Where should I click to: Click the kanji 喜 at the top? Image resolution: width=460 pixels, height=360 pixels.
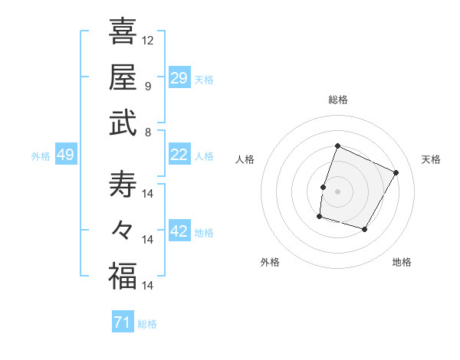tap(122, 31)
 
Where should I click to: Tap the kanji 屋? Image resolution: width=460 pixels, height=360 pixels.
tap(122, 77)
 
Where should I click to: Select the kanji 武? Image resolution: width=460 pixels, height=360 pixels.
tap(122, 123)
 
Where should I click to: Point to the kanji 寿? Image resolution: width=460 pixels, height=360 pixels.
tap(122, 185)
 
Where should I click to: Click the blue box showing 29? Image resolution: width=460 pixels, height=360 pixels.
tap(179, 78)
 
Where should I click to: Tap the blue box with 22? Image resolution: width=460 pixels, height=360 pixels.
tap(179, 155)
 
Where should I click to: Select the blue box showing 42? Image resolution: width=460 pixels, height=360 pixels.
tap(179, 231)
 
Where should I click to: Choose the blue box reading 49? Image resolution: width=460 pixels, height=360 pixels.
tap(65, 155)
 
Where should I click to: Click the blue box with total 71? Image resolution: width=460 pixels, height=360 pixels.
tap(122, 322)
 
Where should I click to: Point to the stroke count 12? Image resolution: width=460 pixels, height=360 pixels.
tap(148, 40)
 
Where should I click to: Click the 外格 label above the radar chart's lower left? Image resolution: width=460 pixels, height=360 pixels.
tap(270, 262)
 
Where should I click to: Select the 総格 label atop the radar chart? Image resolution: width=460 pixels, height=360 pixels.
tap(337, 100)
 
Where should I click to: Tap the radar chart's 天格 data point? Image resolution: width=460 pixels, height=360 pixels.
tap(396, 172)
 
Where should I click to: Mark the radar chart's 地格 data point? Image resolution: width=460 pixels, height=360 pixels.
tap(365, 229)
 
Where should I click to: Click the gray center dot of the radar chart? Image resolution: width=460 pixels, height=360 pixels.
tap(337, 191)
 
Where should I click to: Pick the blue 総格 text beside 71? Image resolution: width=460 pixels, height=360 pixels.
tap(147, 324)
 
